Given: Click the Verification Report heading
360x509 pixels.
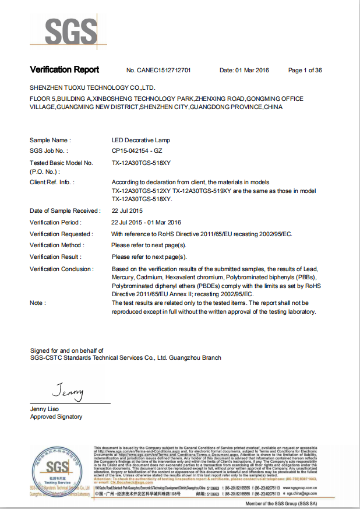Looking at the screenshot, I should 65,70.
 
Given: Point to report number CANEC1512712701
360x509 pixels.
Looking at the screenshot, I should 158,71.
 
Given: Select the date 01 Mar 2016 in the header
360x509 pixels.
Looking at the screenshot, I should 245,71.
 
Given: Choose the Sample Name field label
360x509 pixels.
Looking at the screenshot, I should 50,141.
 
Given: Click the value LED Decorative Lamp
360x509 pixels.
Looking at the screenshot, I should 140,141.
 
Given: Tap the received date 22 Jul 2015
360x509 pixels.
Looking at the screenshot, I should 127,210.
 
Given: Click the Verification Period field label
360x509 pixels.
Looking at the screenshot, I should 55,222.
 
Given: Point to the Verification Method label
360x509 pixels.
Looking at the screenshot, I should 56,245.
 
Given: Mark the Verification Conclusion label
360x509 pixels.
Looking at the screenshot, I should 61,269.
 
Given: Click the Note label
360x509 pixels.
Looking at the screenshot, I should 38,303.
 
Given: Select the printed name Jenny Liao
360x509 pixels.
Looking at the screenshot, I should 45,409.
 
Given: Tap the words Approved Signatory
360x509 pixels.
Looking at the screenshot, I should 56,417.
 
